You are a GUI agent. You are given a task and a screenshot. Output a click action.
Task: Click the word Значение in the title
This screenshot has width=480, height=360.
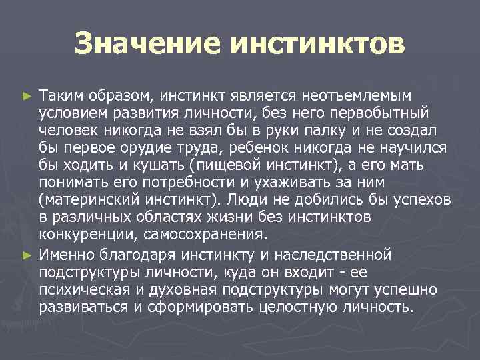(x=147, y=45)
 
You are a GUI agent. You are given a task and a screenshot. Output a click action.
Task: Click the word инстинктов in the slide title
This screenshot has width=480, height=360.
(x=317, y=45)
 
